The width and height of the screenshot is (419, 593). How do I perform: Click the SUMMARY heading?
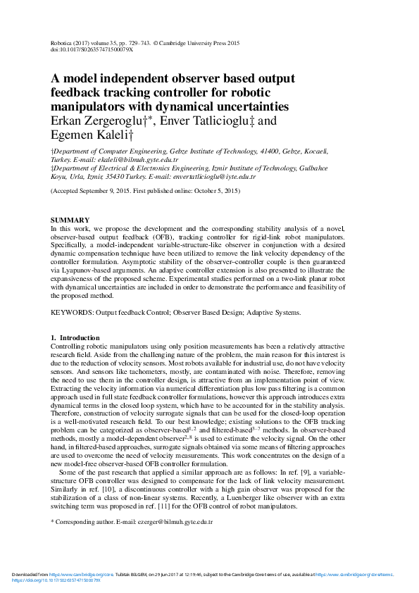[70, 220]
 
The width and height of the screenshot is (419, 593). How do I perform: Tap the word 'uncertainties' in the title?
[244, 106]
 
